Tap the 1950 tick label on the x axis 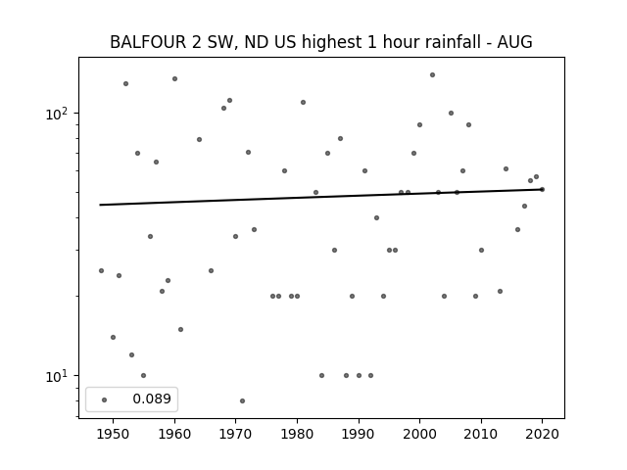(113, 434)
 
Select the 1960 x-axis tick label (174, 434)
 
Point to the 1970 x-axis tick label (235, 434)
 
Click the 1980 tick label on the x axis (297, 434)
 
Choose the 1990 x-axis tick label (359, 434)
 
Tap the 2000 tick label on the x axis (419, 434)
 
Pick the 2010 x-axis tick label (481, 434)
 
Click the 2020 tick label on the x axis (542, 434)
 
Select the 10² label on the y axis (61, 113)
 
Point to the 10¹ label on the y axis (61, 376)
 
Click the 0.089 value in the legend (151, 399)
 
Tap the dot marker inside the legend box (104, 399)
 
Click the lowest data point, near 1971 (242, 400)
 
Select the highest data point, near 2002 (432, 74)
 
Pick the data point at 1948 (101, 270)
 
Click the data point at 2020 (542, 189)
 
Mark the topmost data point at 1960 (174, 78)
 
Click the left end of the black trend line (101, 205)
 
